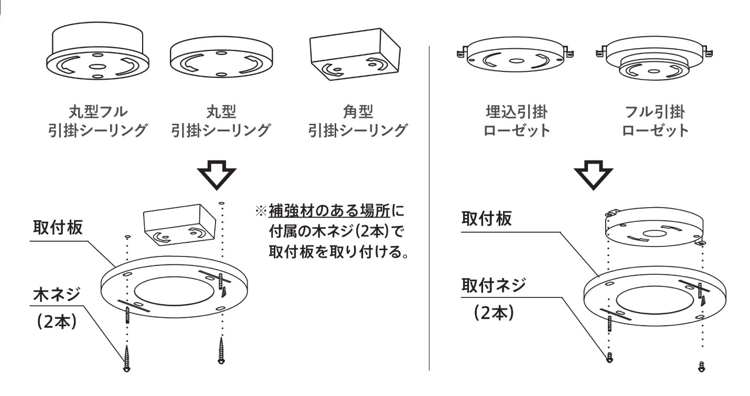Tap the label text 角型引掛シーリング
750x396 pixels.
pyautogui.click(x=357, y=121)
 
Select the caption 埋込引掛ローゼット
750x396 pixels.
pyautogui.click(x=516, y=121)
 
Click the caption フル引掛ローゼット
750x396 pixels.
pyautogui.click(x=655, y=121)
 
